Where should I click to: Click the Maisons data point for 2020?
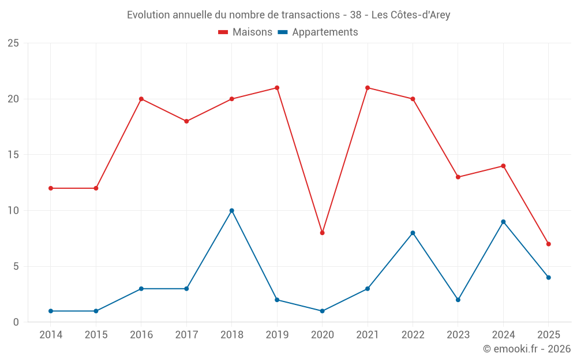tap(322, 233)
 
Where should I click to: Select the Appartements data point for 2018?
tap(231, 210)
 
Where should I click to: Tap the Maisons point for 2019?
tap(277, 88)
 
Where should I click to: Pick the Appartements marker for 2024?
tap(503, 222)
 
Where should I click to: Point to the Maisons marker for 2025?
tap(548, 244)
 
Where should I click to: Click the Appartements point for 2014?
tap(51, 311)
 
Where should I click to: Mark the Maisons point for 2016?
tap(141, 99)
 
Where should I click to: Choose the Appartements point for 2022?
tap(413, 233)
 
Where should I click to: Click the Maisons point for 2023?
tap(458, 177)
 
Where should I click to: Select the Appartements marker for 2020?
tap(322, 311)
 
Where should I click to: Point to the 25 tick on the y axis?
tap(13, 43)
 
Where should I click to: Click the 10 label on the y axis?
tap(13, 211)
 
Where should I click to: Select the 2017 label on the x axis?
tap(186, 335)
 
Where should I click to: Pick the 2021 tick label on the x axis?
tap(368, 335)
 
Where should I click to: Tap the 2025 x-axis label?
tap(548, 335)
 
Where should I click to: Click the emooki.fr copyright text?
tap(527, 349)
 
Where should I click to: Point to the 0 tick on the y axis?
tap(16, 322)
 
